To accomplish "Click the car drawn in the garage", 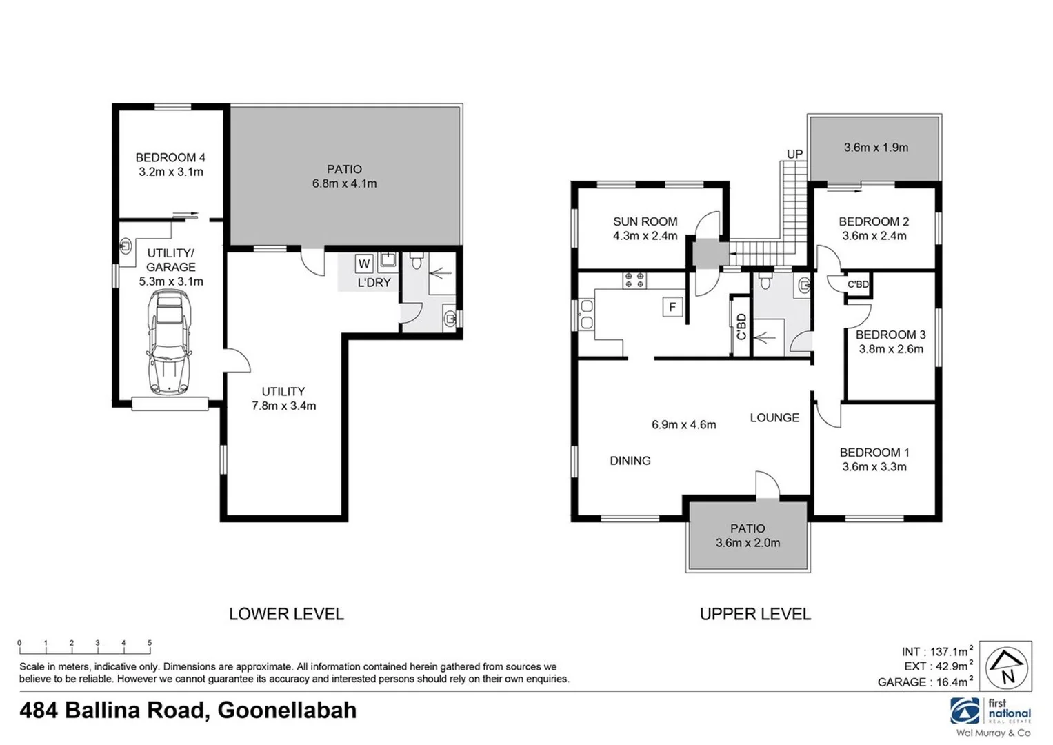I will coord(169,342).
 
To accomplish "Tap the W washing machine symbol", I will coord(364,264).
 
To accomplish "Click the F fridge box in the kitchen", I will coord(672,307).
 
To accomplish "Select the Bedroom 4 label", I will coord(170,157).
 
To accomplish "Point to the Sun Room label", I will coord(645,221).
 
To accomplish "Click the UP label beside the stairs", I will coord(794,154).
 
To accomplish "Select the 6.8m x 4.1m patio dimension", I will coord(344,184).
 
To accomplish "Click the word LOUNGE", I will coord(774,417).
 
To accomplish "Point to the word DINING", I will coord(630,461).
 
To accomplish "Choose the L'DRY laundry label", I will coord(374,283).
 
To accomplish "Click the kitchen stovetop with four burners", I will coord(634,280).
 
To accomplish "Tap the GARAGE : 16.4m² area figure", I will coord(925,682).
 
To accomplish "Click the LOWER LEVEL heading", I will coord(286,614).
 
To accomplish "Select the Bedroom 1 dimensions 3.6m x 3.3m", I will coord(874,467).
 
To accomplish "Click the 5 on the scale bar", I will coord(150,643).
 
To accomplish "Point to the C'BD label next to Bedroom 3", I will coord(858,284).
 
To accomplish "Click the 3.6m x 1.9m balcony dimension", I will coord(876,147).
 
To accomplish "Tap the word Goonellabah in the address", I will coord(287,711).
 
